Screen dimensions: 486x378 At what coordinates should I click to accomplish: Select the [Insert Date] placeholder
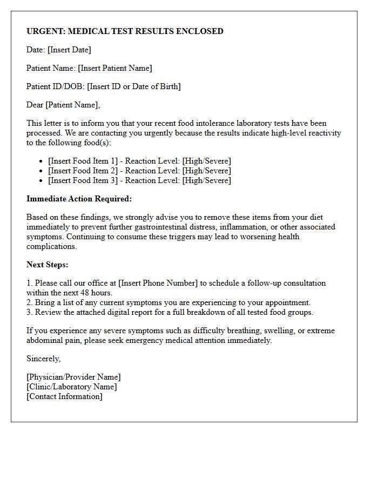pyautogui.click(x=69, y=50)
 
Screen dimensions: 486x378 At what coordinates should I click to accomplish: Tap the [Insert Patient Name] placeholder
pyautogui.click(x=115, y=68)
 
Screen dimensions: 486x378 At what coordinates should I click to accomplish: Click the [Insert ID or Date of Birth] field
pyautogui.click(x=134, y=86)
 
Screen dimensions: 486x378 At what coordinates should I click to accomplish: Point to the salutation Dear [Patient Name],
pyautogui.click(x=63, y=105)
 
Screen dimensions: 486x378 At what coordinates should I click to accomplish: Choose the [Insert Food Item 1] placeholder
pyautogui.click(x=82, y=161)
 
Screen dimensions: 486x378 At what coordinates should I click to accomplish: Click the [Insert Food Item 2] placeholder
pyautogui.click(x=82, y=171)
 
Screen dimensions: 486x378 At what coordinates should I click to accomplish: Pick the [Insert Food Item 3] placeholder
pyautogui.click(x=82, y=180)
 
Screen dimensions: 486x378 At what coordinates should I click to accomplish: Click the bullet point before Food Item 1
pyautogui.click(x=42, y=161)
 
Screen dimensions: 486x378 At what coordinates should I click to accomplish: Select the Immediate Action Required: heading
pyautogui.click(x=79, y=199)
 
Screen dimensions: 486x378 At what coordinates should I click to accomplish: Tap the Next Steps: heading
pyautogui.click(x=48, y=265)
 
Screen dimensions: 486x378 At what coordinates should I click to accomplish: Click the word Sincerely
pyautogui.click(x=44, y=359)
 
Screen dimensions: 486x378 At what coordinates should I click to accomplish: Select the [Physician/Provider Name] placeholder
pyautogui.click(x=73, y=377)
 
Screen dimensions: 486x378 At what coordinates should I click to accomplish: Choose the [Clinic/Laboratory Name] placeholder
pyautogui.click(x=71, y=387)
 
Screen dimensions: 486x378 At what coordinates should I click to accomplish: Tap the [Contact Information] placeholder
pyautogui.click(x=64, y=396)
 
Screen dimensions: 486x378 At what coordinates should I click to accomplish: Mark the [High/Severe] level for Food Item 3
pyautogui.click(x=206, y=180)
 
